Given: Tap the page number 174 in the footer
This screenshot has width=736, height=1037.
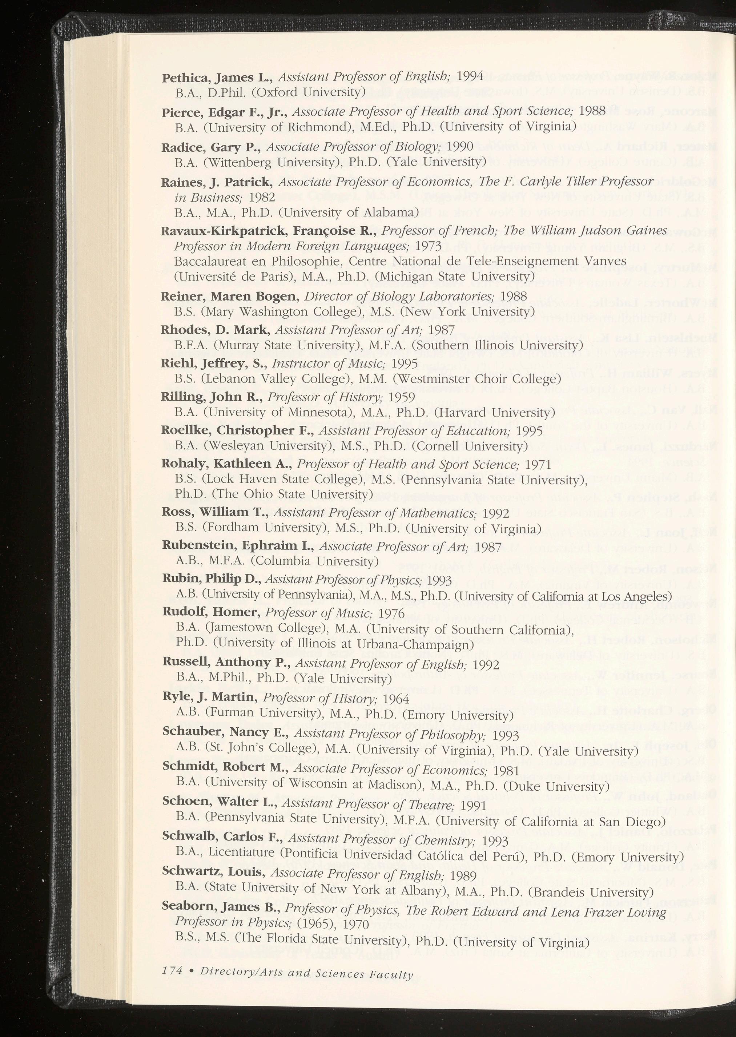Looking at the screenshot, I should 172,970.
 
